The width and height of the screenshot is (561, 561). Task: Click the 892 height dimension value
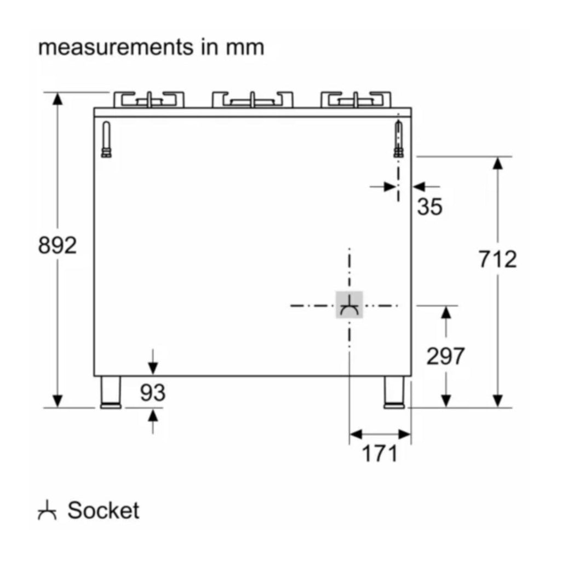coord(57,246)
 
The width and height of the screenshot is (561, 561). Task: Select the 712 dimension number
coord(497,259)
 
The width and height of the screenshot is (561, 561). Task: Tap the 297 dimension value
coord(445,357)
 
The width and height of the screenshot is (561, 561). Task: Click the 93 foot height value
coord(152,392)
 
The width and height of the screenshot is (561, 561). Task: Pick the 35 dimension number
coord(429,207)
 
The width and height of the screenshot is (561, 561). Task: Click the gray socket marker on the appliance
coord(349,305)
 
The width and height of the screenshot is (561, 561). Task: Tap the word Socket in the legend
coord(104,510)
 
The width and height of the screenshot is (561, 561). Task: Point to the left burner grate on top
coord(149,100)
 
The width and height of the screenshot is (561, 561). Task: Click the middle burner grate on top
coord(252,100)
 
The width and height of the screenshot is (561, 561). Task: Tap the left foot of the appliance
coord(112,392)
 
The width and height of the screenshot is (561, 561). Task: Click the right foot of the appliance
coord(393,392)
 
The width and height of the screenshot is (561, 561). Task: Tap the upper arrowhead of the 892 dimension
coord(57,99)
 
